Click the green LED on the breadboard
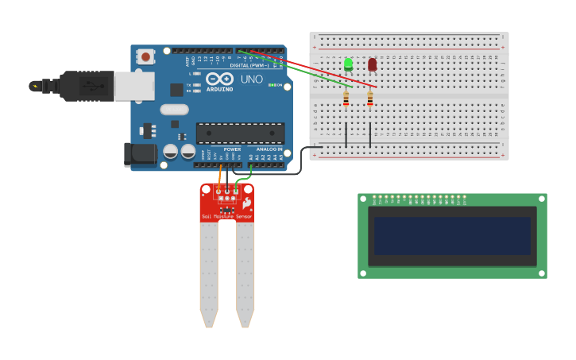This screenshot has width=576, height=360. pyautogui.click(x=348, y=64)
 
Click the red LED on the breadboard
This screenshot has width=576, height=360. pyautogui.click(x=372, y=64)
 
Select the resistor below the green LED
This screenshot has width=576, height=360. pyautogui.click(x=346, y=99)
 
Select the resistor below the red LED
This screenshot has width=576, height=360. pyautogui.click(x=369, y=99)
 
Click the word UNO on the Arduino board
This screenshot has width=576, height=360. pyautogui.click(x=251, y=79)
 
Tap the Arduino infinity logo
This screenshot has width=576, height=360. pyautogui.click(x=219, y=79)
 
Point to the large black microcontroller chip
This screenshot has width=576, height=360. pyautogui.click(x=240, y=134)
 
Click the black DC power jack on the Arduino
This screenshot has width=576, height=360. pyautogui.click(x=141, y=155)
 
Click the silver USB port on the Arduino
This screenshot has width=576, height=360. pyautogui.click(x=133, y=86)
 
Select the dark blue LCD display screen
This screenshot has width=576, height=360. pyautogui.click(x=452, y=236)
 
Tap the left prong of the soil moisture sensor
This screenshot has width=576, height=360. pyautogui.click(x=208, y=274)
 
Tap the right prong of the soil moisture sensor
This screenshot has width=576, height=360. pyautogui.click(x=245, y=274)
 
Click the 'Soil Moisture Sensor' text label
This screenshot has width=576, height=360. pyautogui.click(x=226, y=216)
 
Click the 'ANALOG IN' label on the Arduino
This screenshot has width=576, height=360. pyautogui.click(x=269, y=149)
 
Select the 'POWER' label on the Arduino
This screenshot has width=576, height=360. pyautogui.click(x=232, y=149)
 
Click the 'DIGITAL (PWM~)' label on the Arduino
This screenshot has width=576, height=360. pyautogui.click(x=249, y=65)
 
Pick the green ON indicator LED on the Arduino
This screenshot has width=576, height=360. pyautogui.click(x=271, y=85)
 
